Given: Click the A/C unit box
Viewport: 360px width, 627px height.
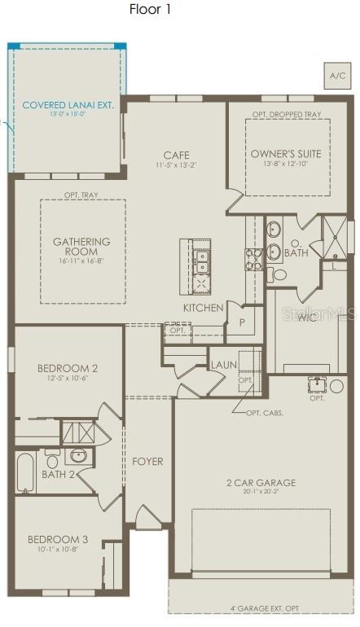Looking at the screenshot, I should (x=337, y=76).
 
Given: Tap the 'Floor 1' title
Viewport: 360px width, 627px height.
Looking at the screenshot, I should (x=151, y=10).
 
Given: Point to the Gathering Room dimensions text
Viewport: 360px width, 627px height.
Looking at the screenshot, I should (x=81, y=261).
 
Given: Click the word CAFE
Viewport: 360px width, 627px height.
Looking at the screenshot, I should (x=177, y=155).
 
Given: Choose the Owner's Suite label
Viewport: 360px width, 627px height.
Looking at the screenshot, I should (x=286, y=153).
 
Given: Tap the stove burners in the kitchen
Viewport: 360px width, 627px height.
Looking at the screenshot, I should (x=253, y=258).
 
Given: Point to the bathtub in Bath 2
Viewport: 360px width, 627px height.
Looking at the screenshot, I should (x=25, y=473).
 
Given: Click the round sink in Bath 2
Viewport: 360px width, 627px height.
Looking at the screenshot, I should (x=79, y=456).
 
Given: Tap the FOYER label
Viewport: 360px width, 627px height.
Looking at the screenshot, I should (x=147, y=462).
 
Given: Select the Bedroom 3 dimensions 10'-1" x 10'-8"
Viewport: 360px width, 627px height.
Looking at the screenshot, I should (x=57, y=550).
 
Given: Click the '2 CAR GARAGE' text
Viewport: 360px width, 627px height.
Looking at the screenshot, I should (x=261, y=482).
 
